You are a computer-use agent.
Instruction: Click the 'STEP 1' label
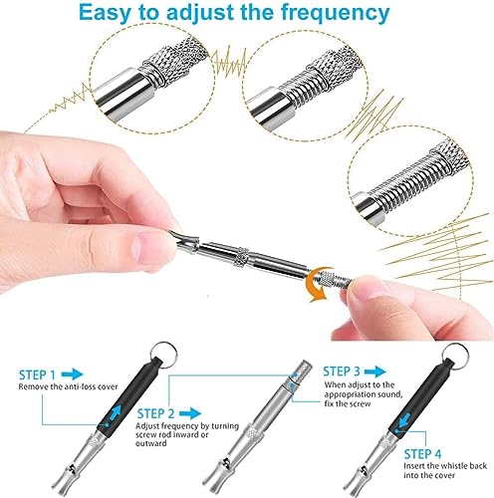pyautogui.click(x=37, y=375)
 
